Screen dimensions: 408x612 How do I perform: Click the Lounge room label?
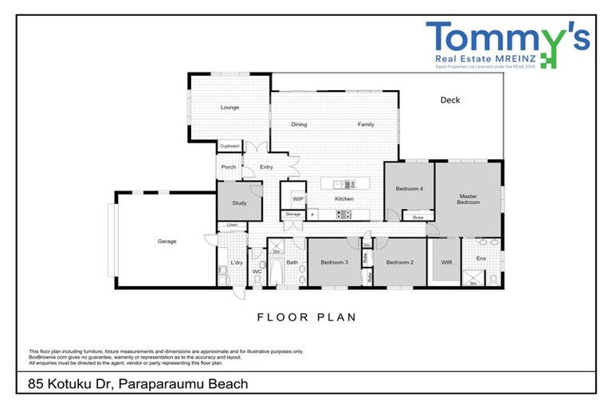pyautogui.click(x=229, y=108)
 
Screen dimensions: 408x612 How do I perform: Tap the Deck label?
pyautogui.click(x=450, y=100)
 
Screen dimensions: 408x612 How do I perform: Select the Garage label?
pyautogui.click(x=167, y=241)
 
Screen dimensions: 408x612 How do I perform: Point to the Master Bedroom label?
pyautogui.click(x=469, y=199)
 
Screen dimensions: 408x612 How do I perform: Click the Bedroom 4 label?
pyautogui.click(x=409, y=189)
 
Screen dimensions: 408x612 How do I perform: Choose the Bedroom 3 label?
pyautogui.click(x=334, y=262)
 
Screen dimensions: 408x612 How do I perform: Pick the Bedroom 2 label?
pyautogui.click(x=399, y=262)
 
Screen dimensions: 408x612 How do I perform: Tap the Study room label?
pyautogui.click(x=239, y=203)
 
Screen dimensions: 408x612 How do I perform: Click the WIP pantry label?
pyautogui.click(x=298, y=198)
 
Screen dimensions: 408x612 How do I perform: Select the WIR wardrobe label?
pyautogui.click(x=445, y=262)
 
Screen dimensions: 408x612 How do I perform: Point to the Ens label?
pyautogui.click(x=481, y=258)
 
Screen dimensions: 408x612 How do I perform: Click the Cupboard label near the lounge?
pyautogui.click(x=229, y=147)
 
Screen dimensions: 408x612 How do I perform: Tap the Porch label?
pyautogui.click(x=229, y=167)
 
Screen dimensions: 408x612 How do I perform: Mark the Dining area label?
pyautogui.click(x=299, y=125)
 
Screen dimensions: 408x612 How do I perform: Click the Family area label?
pyautogui.click(x=366, y=125)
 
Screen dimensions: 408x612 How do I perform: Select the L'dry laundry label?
pyautogui.click(x=237, y=262)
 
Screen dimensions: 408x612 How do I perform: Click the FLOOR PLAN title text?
pyautogui.click(x=306, y=317)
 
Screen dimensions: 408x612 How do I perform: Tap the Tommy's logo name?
pyautogui.click(x=508, y=37)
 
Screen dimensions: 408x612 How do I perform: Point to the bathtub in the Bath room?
pyautogui.click(x=276, y=272)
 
